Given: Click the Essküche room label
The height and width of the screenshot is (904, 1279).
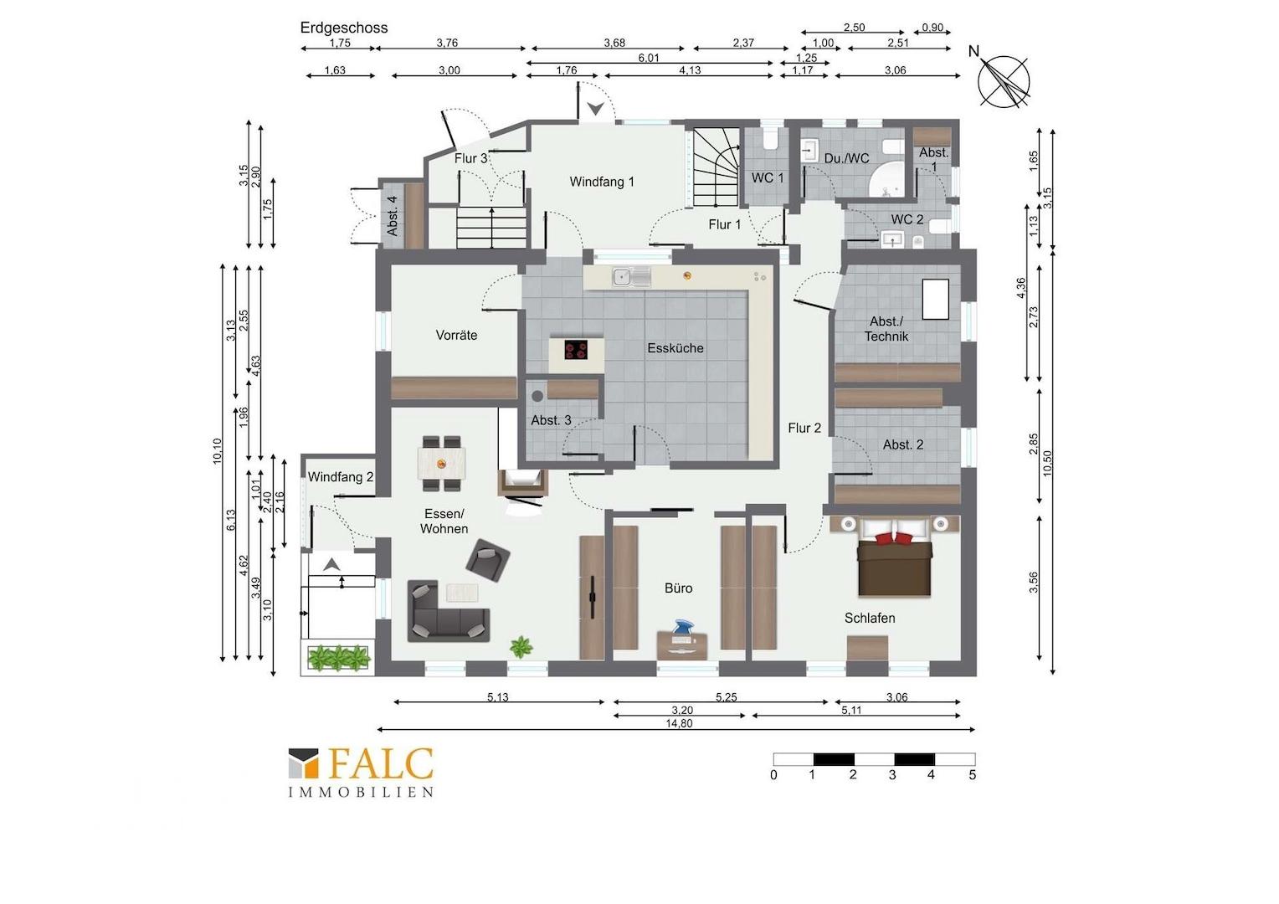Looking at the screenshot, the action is [x=675, y=348].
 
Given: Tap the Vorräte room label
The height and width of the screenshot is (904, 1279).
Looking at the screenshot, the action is [x=456, y=335].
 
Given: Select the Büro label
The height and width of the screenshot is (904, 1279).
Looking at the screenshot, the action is [x=678, y=588].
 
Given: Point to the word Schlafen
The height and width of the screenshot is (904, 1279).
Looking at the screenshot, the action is [x=870, y=618].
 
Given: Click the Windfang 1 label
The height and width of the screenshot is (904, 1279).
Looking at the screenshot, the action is [x=602, y=182].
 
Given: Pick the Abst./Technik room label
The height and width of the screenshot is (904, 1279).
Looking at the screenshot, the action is [x=886, y=329].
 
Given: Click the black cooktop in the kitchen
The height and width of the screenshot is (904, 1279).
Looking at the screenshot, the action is [x=576, y=350].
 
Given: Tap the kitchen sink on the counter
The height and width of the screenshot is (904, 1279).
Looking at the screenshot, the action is [x=631, y=277].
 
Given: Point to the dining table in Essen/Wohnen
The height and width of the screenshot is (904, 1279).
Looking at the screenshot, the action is [x=441, y=464].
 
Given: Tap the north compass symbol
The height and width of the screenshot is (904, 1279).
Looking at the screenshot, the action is [x=1004, y=81].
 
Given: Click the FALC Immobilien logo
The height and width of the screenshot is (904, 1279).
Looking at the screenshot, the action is [x=361, y=772].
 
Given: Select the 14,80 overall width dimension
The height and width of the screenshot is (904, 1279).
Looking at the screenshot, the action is [x=679, y=723].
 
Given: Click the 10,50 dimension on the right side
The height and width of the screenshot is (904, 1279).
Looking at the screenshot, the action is [x=1047, y=463].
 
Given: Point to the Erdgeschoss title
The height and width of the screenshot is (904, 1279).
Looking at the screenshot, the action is [x=344, y=28].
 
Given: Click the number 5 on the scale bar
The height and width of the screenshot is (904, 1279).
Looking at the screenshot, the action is [x=973, y=775].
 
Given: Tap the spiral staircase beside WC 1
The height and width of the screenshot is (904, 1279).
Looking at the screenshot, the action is [x=717, y=167].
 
